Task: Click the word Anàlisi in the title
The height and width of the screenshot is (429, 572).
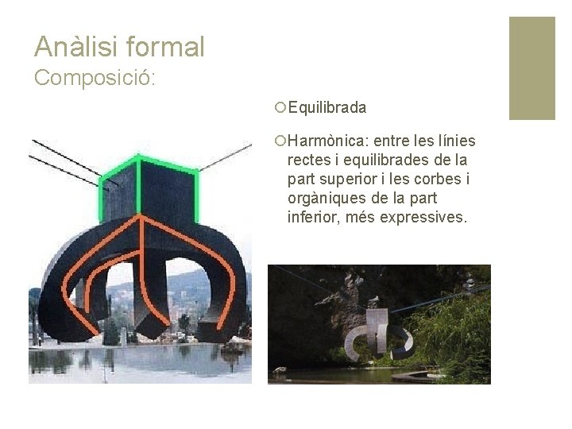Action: (74, 47)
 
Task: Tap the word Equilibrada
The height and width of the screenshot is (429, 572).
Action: (327, 107)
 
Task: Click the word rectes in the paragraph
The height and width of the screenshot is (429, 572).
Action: (309, 160)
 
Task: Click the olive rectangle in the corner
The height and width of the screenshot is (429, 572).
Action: (531, 68)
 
